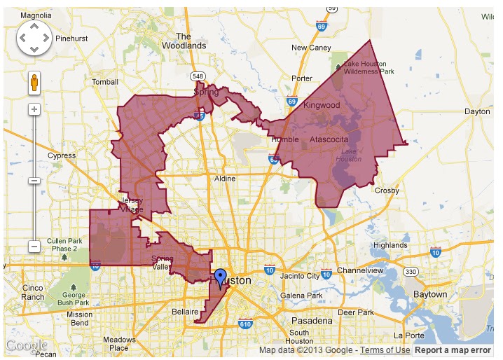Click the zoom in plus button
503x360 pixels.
[x=34, y=109]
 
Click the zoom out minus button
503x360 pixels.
[x=34, y=247]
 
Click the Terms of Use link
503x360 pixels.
[x=385, y=350]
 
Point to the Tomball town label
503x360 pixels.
[x=105, y=82]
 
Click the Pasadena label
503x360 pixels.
[x=312, y=320]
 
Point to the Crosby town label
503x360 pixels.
[x=387, y=191]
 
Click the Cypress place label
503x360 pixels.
[x=62, y=155]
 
